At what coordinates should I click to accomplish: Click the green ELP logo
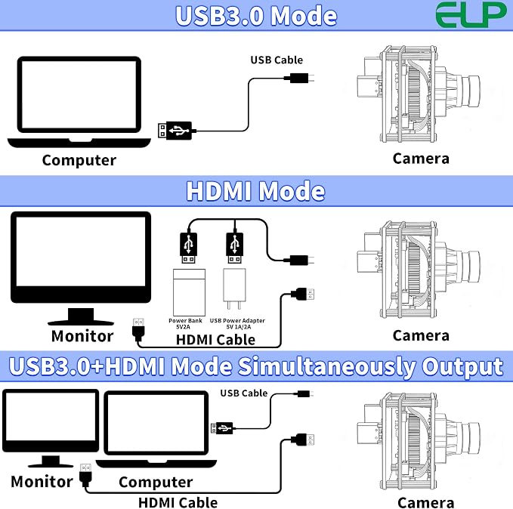click(x=471, y=14)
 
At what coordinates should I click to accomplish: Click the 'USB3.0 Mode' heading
click(x=256, y=15)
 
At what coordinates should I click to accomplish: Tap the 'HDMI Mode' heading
click(x=255, y=191)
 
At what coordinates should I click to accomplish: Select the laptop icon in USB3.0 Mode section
click(x=79, y=102)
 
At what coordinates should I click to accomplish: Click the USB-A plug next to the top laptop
click(x=175, y=131)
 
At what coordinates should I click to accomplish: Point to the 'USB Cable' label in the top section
click(x=277, y=60)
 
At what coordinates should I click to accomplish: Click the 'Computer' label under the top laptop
click(x=79, y=160)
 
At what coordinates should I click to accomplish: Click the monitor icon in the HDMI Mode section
click(x=81, y=268)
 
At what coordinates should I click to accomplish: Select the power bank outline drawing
click(x=189, y=292)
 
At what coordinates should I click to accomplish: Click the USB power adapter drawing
click(x=234, y=288)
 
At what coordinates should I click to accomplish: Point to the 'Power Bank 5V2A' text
click(x=185, y=323)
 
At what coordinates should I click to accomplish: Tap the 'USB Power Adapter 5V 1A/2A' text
click(x=237, y=323)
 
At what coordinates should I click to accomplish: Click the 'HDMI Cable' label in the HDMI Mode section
click(x=215, y=340)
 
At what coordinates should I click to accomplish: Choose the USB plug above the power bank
click(x=188, y=248)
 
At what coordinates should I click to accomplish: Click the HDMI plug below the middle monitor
click(x=139, y=329)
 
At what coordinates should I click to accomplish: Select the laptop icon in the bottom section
click(x=156, y=428)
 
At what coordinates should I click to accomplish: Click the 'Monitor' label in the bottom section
click(x=42, y=482)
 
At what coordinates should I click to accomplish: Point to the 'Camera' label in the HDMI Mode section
click(x=421, y=335)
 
